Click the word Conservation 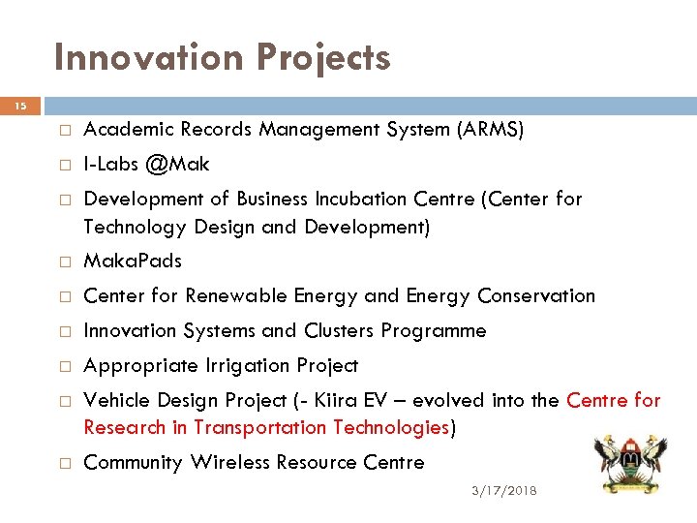(536, 295)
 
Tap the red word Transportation (260, 427)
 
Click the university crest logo (629, 461)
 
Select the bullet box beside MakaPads (60, 261)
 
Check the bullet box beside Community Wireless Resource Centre (60, 463)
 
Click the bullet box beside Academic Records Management (60, 130)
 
